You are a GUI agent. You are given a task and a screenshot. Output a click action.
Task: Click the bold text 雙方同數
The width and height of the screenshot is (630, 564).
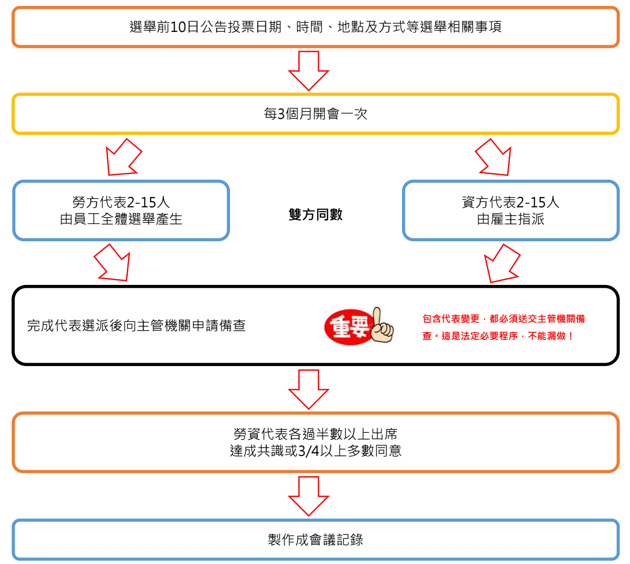click(315, 215)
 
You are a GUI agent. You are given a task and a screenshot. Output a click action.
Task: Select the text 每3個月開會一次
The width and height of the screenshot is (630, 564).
click(315, 114)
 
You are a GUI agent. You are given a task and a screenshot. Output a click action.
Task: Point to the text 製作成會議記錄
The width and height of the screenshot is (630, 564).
click(315, 539)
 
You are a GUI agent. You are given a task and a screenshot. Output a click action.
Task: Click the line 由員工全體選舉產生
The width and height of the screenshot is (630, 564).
click(121, 219)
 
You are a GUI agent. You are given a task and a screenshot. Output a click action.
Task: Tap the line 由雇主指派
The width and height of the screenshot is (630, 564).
click(511, 219)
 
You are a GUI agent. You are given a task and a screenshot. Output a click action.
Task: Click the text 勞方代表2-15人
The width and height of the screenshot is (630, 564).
click(121, 202)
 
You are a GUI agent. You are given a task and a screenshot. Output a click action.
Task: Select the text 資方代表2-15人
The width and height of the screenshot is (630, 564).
click(511, 202)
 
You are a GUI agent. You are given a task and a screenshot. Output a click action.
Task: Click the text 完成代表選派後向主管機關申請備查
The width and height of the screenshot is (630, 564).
click(136, 326)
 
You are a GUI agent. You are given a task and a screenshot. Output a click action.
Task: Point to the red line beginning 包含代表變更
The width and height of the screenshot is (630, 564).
click(504, 319)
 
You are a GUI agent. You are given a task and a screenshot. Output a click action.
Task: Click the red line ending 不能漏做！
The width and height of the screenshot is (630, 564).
click(498, 336)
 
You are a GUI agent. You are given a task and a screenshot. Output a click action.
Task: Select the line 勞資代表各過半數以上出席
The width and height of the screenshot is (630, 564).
click(315, 434)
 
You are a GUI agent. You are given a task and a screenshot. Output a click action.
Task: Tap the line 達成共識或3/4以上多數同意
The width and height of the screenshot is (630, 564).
click(315, 451)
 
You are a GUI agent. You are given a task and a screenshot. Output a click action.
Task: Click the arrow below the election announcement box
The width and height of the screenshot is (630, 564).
click(309, 70)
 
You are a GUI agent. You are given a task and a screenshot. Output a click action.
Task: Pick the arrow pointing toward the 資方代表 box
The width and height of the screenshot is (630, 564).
click(494, 158)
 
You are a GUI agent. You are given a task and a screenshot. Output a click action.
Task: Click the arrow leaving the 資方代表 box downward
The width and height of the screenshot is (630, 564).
click(501, 264)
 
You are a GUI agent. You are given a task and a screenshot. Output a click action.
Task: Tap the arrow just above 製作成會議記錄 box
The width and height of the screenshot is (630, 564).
click(309, 496)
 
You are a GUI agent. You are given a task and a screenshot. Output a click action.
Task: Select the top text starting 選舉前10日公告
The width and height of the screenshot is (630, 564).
click(315, 27)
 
